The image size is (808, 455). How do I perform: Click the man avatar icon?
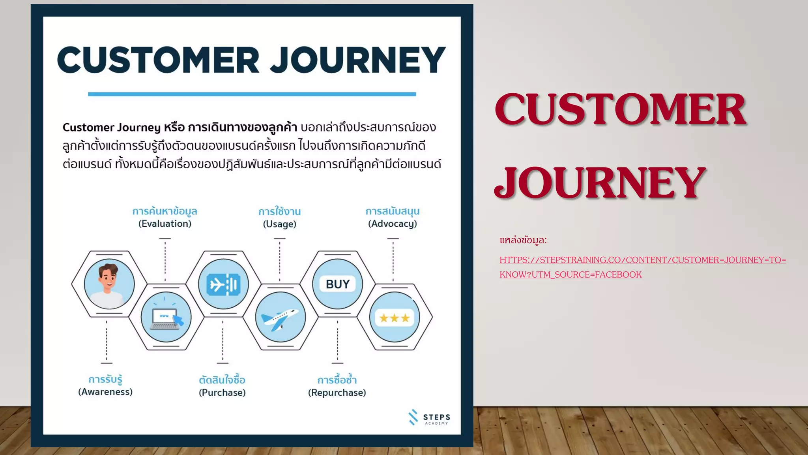click(x=109, y=284)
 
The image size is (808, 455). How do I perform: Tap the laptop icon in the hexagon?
click(x=166, y=317)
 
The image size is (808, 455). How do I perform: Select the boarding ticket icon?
click(x=223, y=284)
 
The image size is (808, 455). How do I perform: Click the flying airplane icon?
click(x=281, y=317)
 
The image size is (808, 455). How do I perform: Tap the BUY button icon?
click(x=337, y=284)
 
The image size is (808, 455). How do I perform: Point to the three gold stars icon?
click(x=395, y=318)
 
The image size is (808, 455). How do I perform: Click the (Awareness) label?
click(x=105, y=392)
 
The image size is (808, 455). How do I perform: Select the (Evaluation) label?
click(x=165, y=224)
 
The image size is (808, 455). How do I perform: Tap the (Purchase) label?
click(x=222, y=393)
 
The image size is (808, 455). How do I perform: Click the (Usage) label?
click(x=280, y=224)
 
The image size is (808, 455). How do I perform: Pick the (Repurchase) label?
click(x=337, y=393)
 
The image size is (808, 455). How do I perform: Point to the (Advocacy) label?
click(x=393, y=224)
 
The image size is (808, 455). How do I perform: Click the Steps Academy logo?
click(x=429, y=418)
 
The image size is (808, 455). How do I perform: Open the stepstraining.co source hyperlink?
click(x=642, y=260)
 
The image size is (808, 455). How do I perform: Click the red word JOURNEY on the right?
click(x=600, y=182)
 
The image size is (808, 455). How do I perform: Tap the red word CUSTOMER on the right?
click(x=620, y=109)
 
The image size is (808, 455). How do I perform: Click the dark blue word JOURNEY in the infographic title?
click(x=358, y=60)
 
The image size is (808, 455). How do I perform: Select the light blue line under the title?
click(x=252, y=94)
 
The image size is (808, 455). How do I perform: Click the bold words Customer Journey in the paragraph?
click(x=112, y=127)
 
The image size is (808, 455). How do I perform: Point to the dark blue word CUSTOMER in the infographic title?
click(x=158, y=60)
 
